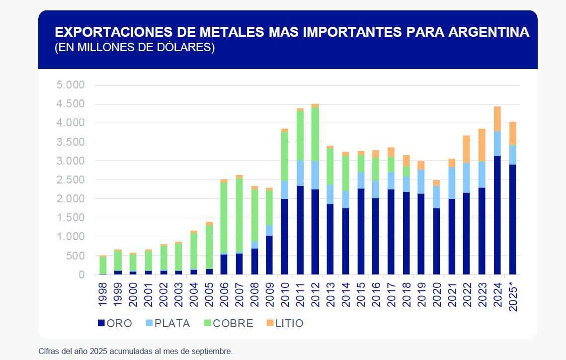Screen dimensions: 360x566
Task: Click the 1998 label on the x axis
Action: pyautogui.click(x=103, y=294)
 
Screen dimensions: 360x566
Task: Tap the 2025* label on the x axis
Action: pyautogui.click(x=513, y=296)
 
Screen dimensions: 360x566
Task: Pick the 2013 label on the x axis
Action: pyautogui.click(x=330, y=294)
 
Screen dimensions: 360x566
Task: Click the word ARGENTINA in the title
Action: pyautogui.click(x=489, y=32)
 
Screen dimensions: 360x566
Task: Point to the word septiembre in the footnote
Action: pyautogui.click(x=211, y=351)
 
